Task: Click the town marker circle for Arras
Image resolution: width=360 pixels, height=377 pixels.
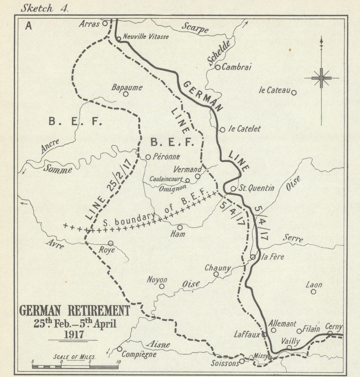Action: pyautogui.click(x=105, y=23)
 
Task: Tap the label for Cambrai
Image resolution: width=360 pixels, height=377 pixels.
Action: pyautogui.click(x=236, y=67)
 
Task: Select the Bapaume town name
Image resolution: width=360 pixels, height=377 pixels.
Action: pyautogui.click(x=127, y=87)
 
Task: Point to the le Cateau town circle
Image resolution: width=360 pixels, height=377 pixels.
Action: pyautogui.click(x=294, y=93)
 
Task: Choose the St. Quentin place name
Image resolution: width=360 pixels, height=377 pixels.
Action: pyautogui.click(x=257, y=188)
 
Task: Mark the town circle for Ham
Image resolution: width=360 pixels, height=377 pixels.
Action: pyautogui.click(x=180, y=227)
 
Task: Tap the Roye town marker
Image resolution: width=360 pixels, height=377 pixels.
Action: pyautogui.click(x=111, y=244)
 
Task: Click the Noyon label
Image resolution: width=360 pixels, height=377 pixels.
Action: pyautogui.click(x=157, y=280)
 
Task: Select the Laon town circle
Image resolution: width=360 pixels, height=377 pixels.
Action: pyautogui.click(x=313, y=292)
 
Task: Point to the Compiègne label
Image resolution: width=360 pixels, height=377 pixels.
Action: pyautogui.click(x=139, y=354)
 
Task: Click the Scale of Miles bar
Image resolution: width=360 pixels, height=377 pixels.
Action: pyautogui.click(x=75, y=367)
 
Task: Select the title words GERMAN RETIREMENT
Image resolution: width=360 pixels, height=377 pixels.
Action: pyautogui.click(x=74, y=310)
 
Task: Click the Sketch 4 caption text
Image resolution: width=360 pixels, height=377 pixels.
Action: pyautogui.click(x=44, y=8)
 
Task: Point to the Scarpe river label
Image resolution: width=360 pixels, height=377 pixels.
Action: pyautogui.click(x=195, y=28)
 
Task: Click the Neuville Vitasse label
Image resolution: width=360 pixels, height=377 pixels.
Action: pyautogui.click(x=146, y=37)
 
